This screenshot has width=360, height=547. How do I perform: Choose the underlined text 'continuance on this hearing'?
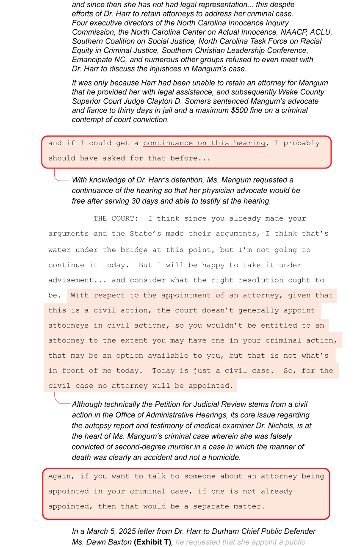tap(204, 143)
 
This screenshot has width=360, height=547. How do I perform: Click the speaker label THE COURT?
tap(116, 218)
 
